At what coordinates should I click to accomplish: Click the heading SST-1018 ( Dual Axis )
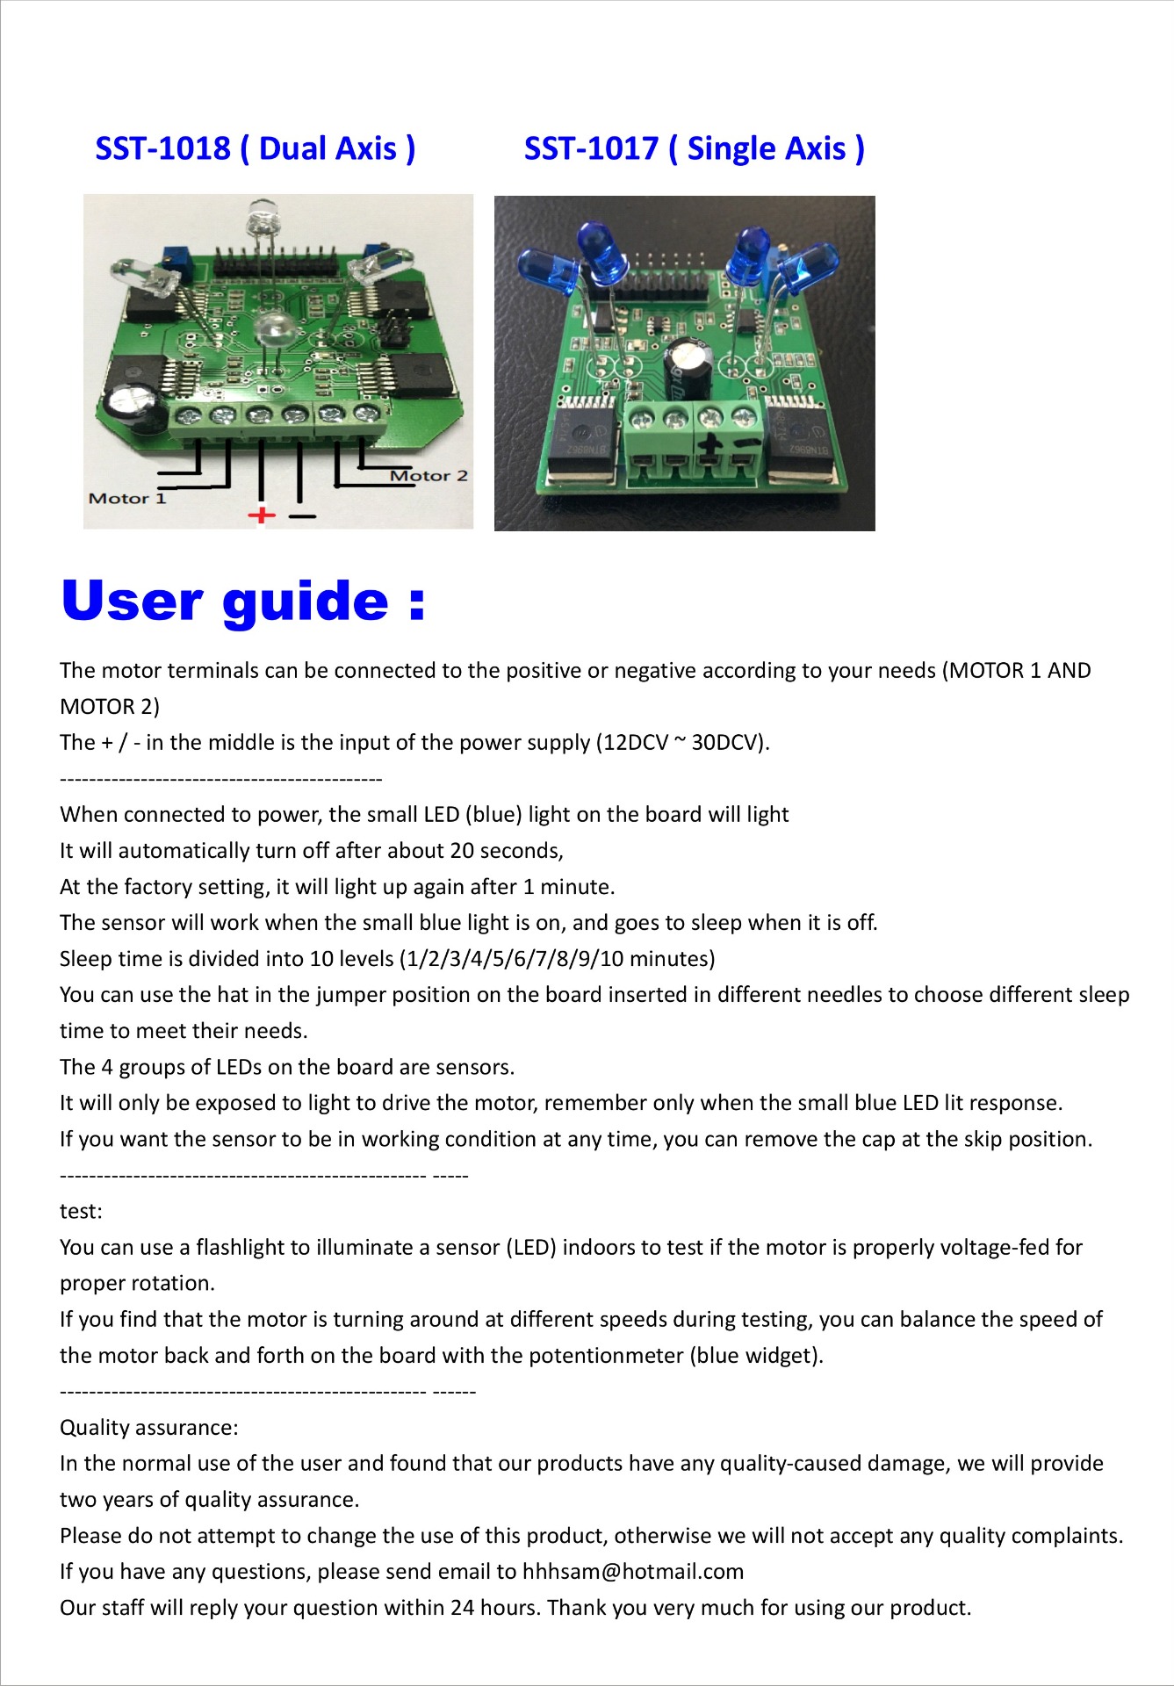[256, 148]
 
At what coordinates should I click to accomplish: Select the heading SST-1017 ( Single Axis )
[695, 148]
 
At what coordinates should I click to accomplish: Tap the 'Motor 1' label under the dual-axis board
[127, 499]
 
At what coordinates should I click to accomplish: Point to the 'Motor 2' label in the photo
[429, 476]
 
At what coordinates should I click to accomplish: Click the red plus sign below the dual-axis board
[262, 515]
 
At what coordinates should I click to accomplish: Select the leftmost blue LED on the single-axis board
[545, 268]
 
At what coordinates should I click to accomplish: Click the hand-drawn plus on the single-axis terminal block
[709, 446]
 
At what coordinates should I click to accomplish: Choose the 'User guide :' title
[243, 602]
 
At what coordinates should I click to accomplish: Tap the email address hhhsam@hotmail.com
[633, 1572]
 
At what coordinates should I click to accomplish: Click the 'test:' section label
[81, 1212]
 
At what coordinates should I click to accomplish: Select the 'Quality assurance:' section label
[149, 1428]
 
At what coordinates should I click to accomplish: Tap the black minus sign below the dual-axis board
[302, 516]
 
